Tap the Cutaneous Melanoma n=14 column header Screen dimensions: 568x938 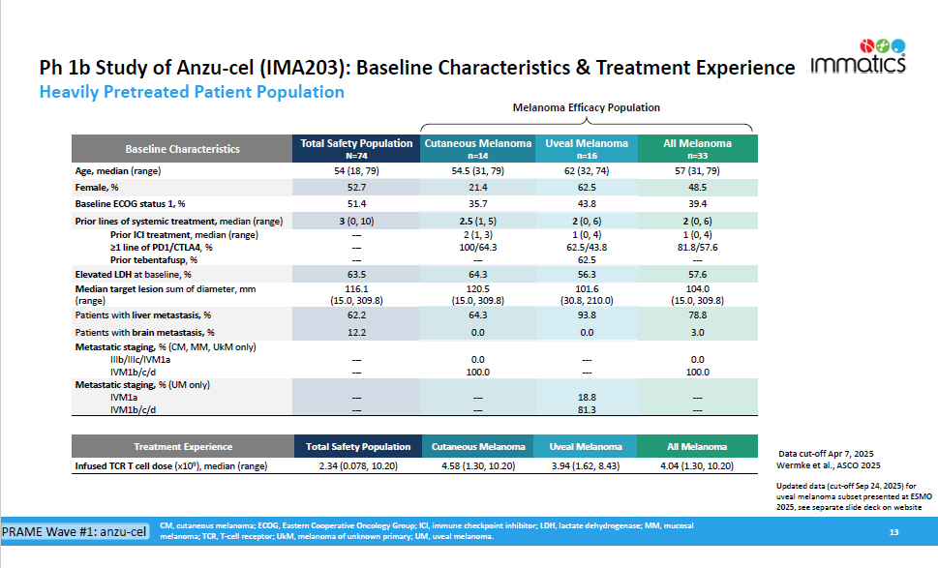pyautogui.click(x=477, y=148)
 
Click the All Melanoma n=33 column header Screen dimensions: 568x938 pyautogui.click(x=697, y=148)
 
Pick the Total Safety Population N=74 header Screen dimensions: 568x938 pyautogui.click(x=356, y=148)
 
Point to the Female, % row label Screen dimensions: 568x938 pyautogui.click(x=97, y=187)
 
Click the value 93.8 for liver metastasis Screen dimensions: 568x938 pyautogui.click(x=585, y=314)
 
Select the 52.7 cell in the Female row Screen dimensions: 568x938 pyautogui.click(x=356, y=187)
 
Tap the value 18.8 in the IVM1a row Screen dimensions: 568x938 pyautogui.click(x=585, y=398)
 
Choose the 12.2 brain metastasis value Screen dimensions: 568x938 pyautogui.click(x=356, y=332)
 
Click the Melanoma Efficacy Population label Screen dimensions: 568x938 pyautogui.click(x=586, y=108)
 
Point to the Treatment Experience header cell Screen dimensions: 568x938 pyautogui.click(x=182, y=447)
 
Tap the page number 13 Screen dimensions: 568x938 pyautogui.click(x=894, y=533)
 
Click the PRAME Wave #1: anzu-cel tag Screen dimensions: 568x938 pyautogui.click(x=75, y=532)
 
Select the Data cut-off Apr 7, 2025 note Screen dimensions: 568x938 pyautogui.click(x=826, y=454)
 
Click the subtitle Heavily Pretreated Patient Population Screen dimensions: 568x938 pyautogui.click(x=192, y=92)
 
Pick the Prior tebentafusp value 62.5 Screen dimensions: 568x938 pyautogui.click(x=585, y=259)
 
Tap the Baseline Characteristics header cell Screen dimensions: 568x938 pyautogui.click(x=182, y=149)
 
